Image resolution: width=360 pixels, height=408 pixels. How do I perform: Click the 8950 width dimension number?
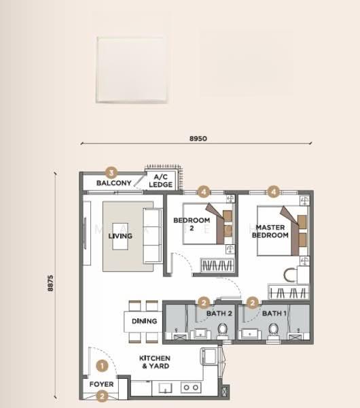198,139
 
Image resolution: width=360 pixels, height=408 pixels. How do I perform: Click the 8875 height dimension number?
50,283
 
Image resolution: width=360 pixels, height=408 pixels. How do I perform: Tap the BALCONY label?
114,183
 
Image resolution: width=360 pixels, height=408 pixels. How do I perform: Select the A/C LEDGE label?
160,181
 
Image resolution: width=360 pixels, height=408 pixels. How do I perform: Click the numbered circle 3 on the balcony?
111,173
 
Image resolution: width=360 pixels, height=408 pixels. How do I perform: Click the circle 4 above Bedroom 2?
204,192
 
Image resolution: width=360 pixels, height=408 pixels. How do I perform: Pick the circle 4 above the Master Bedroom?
274,192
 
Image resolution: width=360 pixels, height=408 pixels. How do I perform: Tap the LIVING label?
120,236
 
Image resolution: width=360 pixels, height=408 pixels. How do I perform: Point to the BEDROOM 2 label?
192,224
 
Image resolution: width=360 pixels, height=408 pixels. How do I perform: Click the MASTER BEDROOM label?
270,231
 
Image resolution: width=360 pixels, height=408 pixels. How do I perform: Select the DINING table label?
144,321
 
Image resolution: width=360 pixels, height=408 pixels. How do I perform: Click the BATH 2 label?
219,313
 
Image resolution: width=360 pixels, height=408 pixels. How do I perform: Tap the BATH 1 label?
274,313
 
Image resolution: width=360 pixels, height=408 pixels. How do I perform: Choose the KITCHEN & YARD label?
155,362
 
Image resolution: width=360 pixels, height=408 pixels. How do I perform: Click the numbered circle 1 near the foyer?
102,366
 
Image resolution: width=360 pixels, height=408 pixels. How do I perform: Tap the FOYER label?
101,384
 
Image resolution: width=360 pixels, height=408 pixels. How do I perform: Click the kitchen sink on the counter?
166,388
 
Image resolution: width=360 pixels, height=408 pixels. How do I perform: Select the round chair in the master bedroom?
290,275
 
